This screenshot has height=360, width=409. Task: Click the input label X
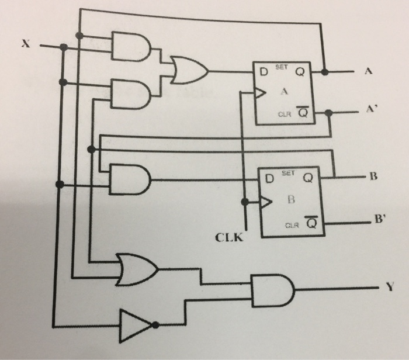tap(26, 43)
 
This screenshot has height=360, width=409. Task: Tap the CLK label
tap(229, 237)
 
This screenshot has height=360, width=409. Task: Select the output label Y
tap(390, 287)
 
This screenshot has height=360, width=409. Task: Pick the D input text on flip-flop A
tap(264, 71)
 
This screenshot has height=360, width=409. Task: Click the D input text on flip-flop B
tap(269, 179)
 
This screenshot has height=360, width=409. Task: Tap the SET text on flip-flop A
tap(282, 67)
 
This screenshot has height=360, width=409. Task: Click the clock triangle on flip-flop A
tap(260, 93)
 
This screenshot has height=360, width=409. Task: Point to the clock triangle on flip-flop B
tap(266, 202)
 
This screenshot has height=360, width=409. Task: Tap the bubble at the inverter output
tap(155, 325)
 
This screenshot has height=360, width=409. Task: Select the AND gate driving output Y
tap(273, 290)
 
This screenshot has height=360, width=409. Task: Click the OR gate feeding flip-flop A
tap(189, 70)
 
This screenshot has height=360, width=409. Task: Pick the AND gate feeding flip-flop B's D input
tap(130, 179)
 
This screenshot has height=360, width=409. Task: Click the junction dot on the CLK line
tap(245, 202)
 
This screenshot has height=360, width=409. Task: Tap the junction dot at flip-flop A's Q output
tap(325, 72)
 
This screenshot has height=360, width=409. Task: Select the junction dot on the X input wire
tap(64, 47)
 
